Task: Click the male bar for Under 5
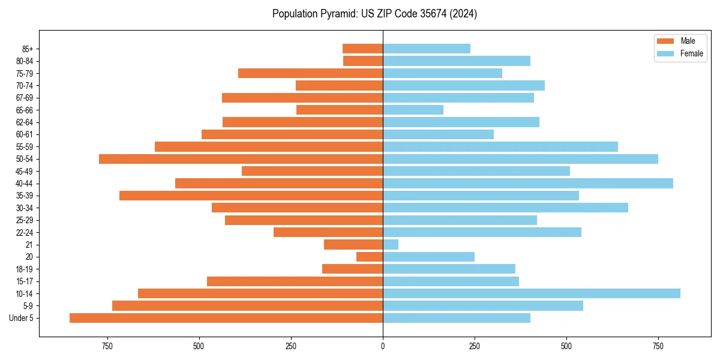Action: [x=226, y=318]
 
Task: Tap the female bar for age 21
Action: [x=391, y=245]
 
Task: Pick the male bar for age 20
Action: [x=370, y=257]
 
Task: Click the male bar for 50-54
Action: [x=241, y=159]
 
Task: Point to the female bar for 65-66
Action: [x=413, y=110]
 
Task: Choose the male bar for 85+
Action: [x=362, y=49]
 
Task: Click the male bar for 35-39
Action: [x=251, y=196]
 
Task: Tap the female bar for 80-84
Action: [x=456, y=61]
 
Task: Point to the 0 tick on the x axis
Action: [x=383, y=346]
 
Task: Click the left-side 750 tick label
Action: [x=107, y=346]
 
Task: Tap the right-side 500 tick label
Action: [x=566, y=346]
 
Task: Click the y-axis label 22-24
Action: [x=24, y=232]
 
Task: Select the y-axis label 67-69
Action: [x=24, y=98]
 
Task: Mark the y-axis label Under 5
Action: [x=22, y=318]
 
